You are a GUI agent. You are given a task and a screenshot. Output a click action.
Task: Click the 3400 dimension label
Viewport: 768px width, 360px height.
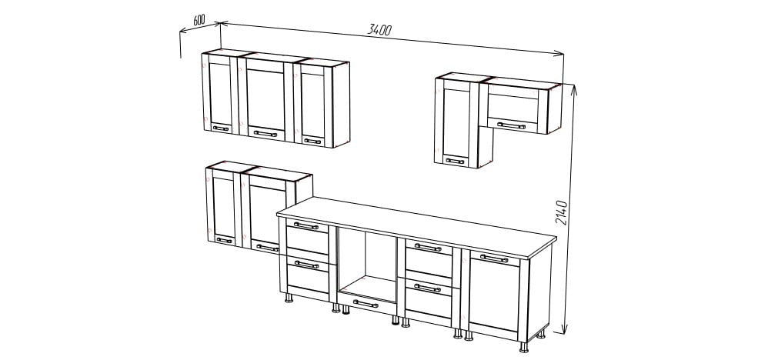tap(379, 30)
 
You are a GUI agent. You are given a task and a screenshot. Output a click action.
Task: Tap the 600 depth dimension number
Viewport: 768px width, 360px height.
tap(199, 20)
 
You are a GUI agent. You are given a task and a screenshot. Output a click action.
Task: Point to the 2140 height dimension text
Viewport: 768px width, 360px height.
tap(561, 212)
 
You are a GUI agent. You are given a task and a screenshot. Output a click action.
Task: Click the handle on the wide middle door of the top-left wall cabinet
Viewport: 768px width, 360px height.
tap(265, 133)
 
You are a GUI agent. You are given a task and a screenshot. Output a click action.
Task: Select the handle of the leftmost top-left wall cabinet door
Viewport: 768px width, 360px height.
tap(220, 128)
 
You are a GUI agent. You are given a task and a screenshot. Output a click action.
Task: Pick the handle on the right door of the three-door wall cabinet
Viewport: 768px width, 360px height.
tap(312, 141)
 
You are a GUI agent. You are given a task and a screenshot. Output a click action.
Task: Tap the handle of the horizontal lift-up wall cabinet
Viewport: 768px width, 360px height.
tap(511, 126)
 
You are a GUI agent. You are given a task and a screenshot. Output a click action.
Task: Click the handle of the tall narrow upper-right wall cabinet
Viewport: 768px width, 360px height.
tap(455, 161)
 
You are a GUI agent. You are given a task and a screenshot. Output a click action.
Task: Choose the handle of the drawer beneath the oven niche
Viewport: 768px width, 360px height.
tap(366, 304)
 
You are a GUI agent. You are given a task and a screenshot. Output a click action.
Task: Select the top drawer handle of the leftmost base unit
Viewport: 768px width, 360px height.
tap(306, 226)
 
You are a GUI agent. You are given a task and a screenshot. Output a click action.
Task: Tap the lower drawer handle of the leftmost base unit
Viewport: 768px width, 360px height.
tap(306, 265)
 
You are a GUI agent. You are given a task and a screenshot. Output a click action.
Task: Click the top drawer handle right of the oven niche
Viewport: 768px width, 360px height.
tap(428, 248)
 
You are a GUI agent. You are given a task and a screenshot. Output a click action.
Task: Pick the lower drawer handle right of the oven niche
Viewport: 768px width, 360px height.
tap(427, 288)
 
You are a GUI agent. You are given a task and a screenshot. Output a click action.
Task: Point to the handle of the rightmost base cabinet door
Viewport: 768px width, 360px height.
tap(494, 258)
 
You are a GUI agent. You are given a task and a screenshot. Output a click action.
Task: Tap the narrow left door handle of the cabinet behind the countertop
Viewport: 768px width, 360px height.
tap(225, 240)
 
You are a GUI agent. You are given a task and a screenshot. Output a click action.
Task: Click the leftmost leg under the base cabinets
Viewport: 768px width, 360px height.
tap(289, 298)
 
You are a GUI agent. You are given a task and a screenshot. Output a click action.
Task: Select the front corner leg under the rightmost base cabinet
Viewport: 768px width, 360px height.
tap(524, 347)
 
